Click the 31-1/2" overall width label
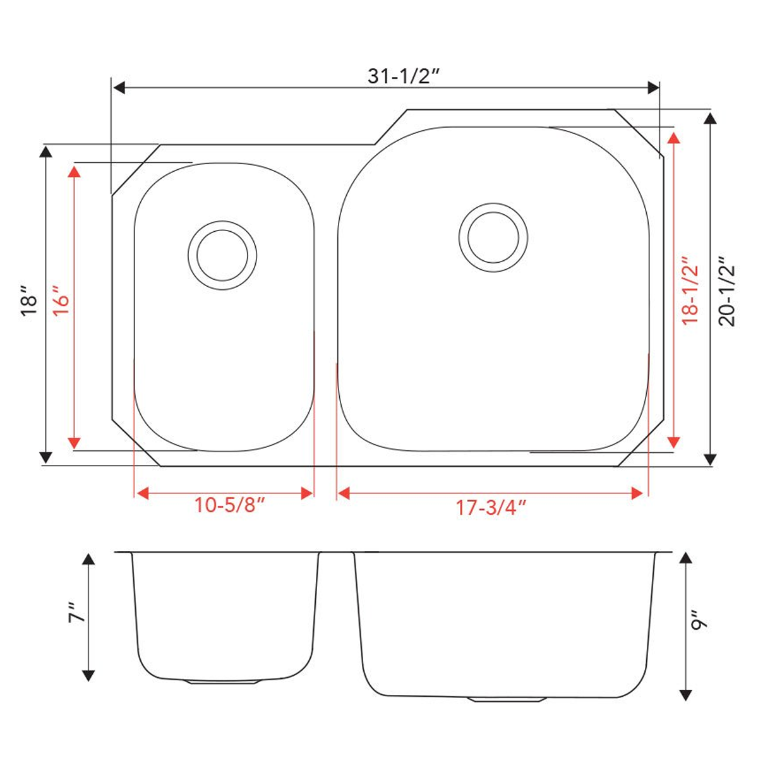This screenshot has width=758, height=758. click(x=403, y=76)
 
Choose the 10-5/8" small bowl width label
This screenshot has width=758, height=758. click(x=229, y=506)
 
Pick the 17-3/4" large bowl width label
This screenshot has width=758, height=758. click(x=491, y=507)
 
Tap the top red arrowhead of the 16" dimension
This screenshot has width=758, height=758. click(x=75, y=171)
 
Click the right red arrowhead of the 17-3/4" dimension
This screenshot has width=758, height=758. click(x=637, y=493)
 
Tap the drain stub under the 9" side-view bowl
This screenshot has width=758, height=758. click(x=507, y=700)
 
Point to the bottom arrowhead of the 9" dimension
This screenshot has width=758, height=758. click(x=685, y=694)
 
